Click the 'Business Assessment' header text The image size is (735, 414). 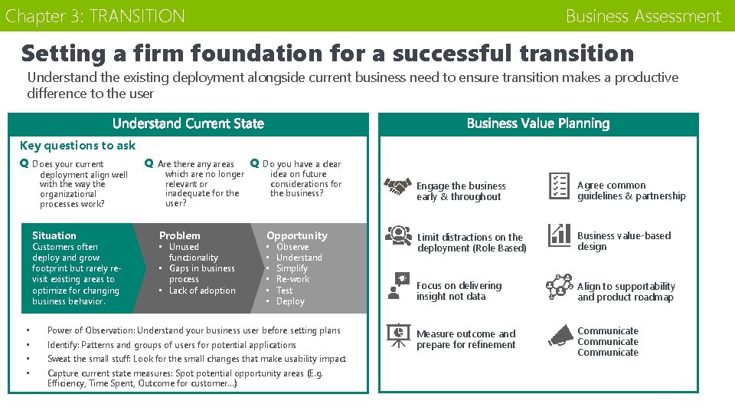click(x=643, y=16)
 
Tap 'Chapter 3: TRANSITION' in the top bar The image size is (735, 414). click(x=95, y=16)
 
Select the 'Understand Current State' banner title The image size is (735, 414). click(x=188, y=123)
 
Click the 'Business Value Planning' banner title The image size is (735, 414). click(x=538, y=123)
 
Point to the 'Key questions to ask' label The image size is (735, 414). click(x=77, y=146)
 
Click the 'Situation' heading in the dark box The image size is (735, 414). click(x=54, y=235)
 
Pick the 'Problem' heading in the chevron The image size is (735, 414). click(x=179, y=235)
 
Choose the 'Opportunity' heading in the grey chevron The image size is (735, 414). click(x=296, y=235)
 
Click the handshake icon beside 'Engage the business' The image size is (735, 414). click(x=397, y=186)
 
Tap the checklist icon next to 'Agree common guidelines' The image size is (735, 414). click(x=559, y=186)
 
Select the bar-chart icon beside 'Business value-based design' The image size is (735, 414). click(x=560, y=235)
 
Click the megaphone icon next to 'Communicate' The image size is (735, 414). click(x=560, y=336)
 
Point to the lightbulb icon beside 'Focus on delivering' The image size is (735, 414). click(x=397, y=284)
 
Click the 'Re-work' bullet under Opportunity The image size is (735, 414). click(x=292, y=280)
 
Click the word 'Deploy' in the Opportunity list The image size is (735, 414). click(x=290, y=301)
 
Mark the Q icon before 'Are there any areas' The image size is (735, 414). click(x=149, y=163)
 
